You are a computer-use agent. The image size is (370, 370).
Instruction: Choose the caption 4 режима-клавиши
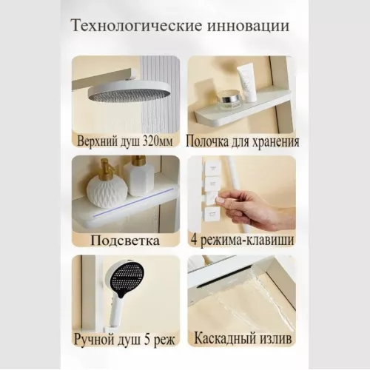pyautogui.click(x=242, y=240)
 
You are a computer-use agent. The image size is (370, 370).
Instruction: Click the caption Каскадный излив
pyautogui.click(x=242, y=340)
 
